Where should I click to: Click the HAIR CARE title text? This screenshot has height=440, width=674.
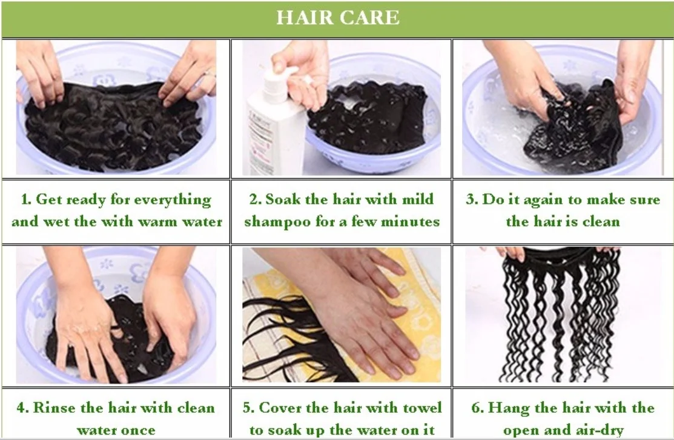tap(337, 18)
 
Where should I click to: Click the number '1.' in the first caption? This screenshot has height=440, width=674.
tap(26, 200)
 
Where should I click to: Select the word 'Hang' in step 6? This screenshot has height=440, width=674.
tap(512, 408)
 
